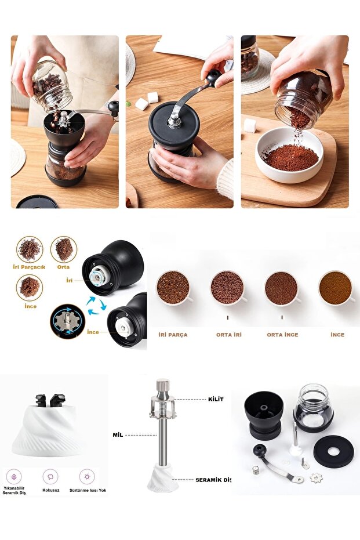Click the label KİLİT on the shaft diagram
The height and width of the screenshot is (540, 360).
click(x=216, y=399)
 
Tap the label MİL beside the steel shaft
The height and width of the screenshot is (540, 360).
click(x=118, y=435)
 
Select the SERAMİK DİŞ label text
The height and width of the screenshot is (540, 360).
click(x=213, y=480)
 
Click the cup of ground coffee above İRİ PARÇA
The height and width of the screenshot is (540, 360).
click(x=173, y=288)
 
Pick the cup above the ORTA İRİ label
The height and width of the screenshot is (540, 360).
click(x=227, y=288)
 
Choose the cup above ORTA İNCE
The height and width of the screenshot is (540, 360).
click(x=282, y=288)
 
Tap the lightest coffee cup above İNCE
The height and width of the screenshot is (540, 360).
click(x=336, y=288)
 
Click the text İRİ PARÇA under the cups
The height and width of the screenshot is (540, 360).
click(x=173, y=335)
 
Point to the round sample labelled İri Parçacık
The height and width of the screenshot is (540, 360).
click(x=30, y=249)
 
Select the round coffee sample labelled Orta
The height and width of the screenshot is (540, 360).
click(x=64, y=249)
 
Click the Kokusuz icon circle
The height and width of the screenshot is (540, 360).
click(x=50, y=477)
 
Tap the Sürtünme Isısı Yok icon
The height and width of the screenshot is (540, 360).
click(x=87, y=477)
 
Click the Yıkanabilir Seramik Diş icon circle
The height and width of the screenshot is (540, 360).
click(x=14, y=477)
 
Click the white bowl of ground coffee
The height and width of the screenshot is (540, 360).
click(x=289, y=155)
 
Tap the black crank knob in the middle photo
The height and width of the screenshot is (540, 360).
click(x=213, y=78)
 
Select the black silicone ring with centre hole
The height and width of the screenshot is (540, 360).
click(x=333, y=451)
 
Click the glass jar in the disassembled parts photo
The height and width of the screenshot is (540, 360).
click(x=313, y=408)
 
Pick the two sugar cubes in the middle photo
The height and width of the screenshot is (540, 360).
click(x=147, y=100)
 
